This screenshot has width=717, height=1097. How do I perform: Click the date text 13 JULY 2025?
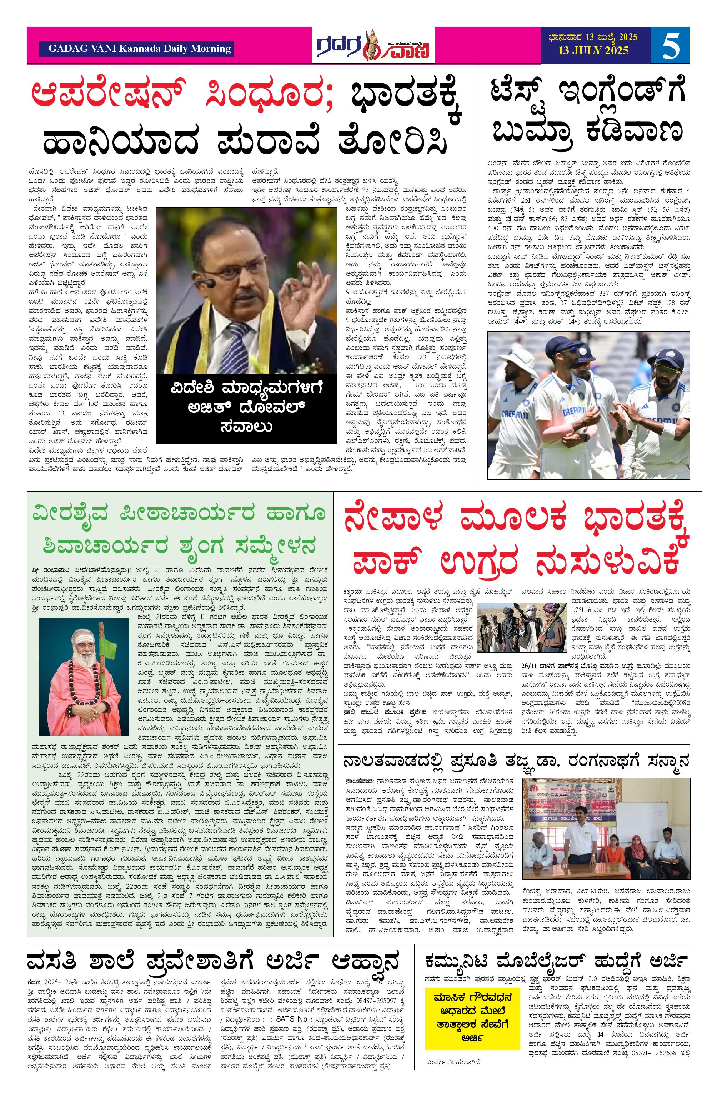[593, 51]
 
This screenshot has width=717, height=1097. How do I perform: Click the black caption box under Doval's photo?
[246, 408]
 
